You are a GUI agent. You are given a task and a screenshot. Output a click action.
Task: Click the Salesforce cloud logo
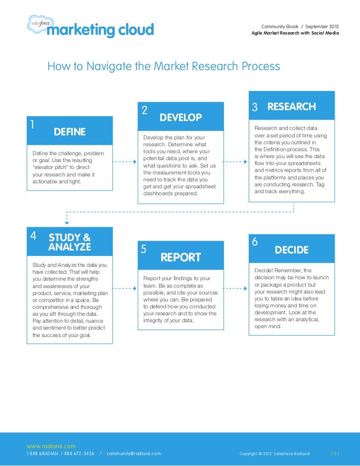coord(36,22)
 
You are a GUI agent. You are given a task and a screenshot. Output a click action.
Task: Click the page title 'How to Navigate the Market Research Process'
coord(164,66)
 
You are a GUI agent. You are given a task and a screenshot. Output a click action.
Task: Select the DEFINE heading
coord(70,131)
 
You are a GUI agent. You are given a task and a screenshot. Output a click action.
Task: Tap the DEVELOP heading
coord(180,118)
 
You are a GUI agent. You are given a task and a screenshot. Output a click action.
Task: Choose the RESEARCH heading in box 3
coord(291,107)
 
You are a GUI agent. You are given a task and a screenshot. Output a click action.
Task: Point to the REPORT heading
coord(180,257)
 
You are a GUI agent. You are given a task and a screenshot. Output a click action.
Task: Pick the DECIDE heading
coord(292,250)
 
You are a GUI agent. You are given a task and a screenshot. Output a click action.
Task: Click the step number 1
coord(32,124)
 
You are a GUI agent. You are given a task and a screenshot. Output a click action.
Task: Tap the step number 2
coord(144,110)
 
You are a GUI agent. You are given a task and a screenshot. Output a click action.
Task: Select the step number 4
coord(33,235)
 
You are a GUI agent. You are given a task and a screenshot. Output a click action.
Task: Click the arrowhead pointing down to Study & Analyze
coord(67,222)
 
